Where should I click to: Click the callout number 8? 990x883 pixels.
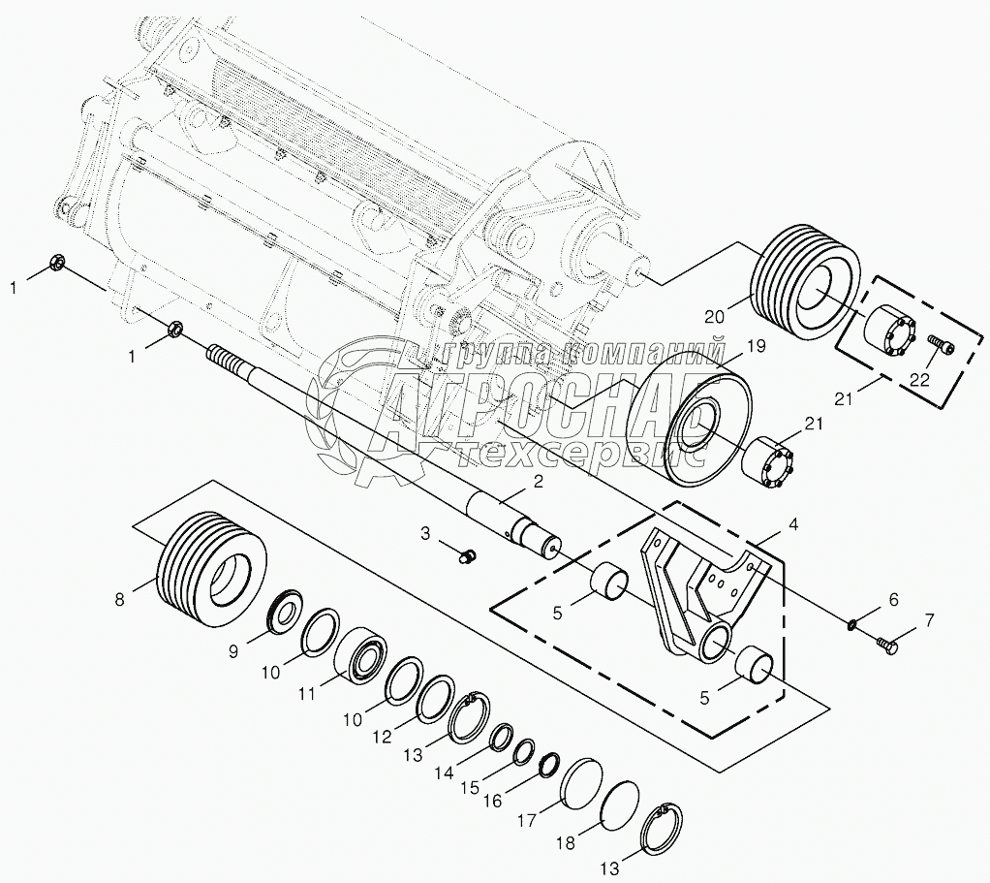pos(120,599)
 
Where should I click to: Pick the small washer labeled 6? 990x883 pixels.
pos(851,625)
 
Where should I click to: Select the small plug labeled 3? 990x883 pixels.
pos(467,555)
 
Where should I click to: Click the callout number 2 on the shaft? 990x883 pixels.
pos(538,482)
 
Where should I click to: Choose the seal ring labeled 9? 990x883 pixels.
pos(286,612)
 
